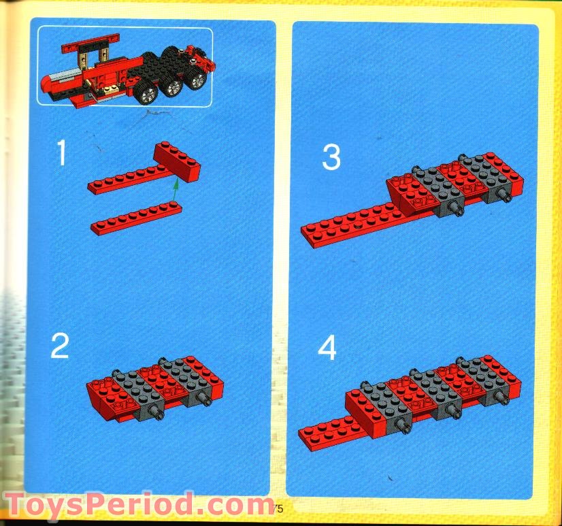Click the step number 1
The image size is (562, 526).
[x=61, y=153]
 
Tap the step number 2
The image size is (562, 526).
[x=60, y=347]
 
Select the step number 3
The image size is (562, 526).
[x=331, y=158]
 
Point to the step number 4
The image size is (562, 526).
[x=327, y=349]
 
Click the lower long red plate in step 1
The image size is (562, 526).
[x=136, y=219]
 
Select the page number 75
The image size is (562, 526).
[x=277, y=508]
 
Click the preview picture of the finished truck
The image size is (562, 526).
[x=125, y=67]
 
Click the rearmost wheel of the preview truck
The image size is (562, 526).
[x=197, y=80]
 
